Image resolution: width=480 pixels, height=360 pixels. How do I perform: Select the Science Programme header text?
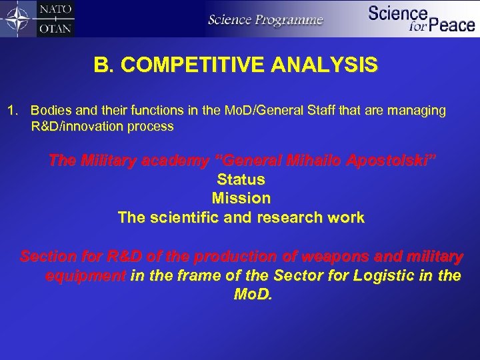(265, 19)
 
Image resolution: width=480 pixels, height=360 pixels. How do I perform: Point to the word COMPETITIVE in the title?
(190, 65)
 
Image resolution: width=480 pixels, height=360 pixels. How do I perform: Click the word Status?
(241, 179)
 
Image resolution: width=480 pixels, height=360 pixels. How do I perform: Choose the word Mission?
(241, 198)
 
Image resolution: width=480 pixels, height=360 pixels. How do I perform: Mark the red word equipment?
(85, 275)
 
